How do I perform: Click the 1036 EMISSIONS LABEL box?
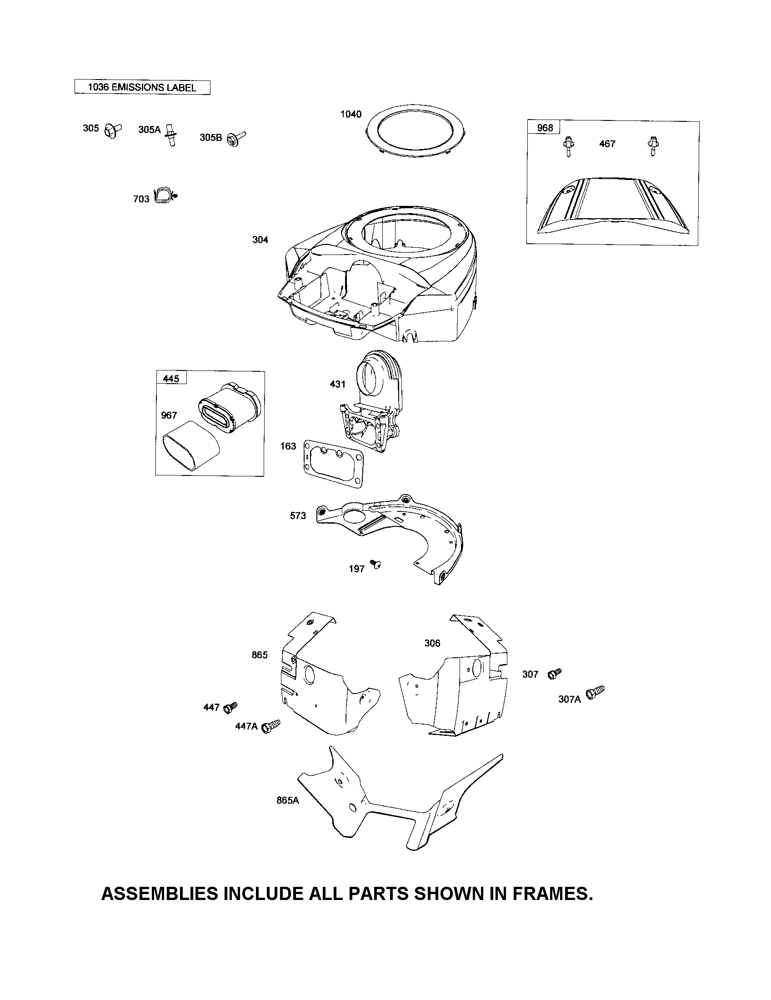pyautogui.click(x=142, y=87)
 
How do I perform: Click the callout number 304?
pyautogui.click(x=260, y=240)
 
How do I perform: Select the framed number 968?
pyautogui.click(x=544, y=128)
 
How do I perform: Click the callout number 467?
pyautogui.click(x=607, y=144)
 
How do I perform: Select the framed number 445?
pyautogui.click(x=171, y=379)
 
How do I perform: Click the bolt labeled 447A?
pyautogui.click(x=270, y=726)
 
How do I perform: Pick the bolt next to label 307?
pyautogui.click(x=555, y=673)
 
